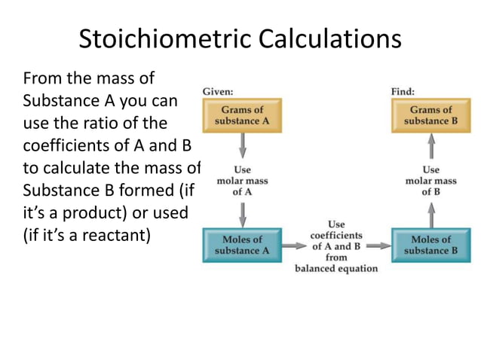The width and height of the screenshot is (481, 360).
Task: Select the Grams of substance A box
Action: (242, 115)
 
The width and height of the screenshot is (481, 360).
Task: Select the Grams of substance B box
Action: (430, 115)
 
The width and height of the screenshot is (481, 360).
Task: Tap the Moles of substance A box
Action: (242, 245)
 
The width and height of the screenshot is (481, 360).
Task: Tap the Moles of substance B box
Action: (430, 245)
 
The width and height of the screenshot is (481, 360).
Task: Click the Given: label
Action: (217, 92)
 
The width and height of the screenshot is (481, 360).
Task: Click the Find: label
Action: (403, 92)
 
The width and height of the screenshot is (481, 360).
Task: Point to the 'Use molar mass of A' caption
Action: (242, 181)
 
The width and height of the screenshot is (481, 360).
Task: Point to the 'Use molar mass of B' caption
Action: (430, 181)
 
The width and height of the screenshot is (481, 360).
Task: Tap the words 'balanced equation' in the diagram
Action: (336, 269)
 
